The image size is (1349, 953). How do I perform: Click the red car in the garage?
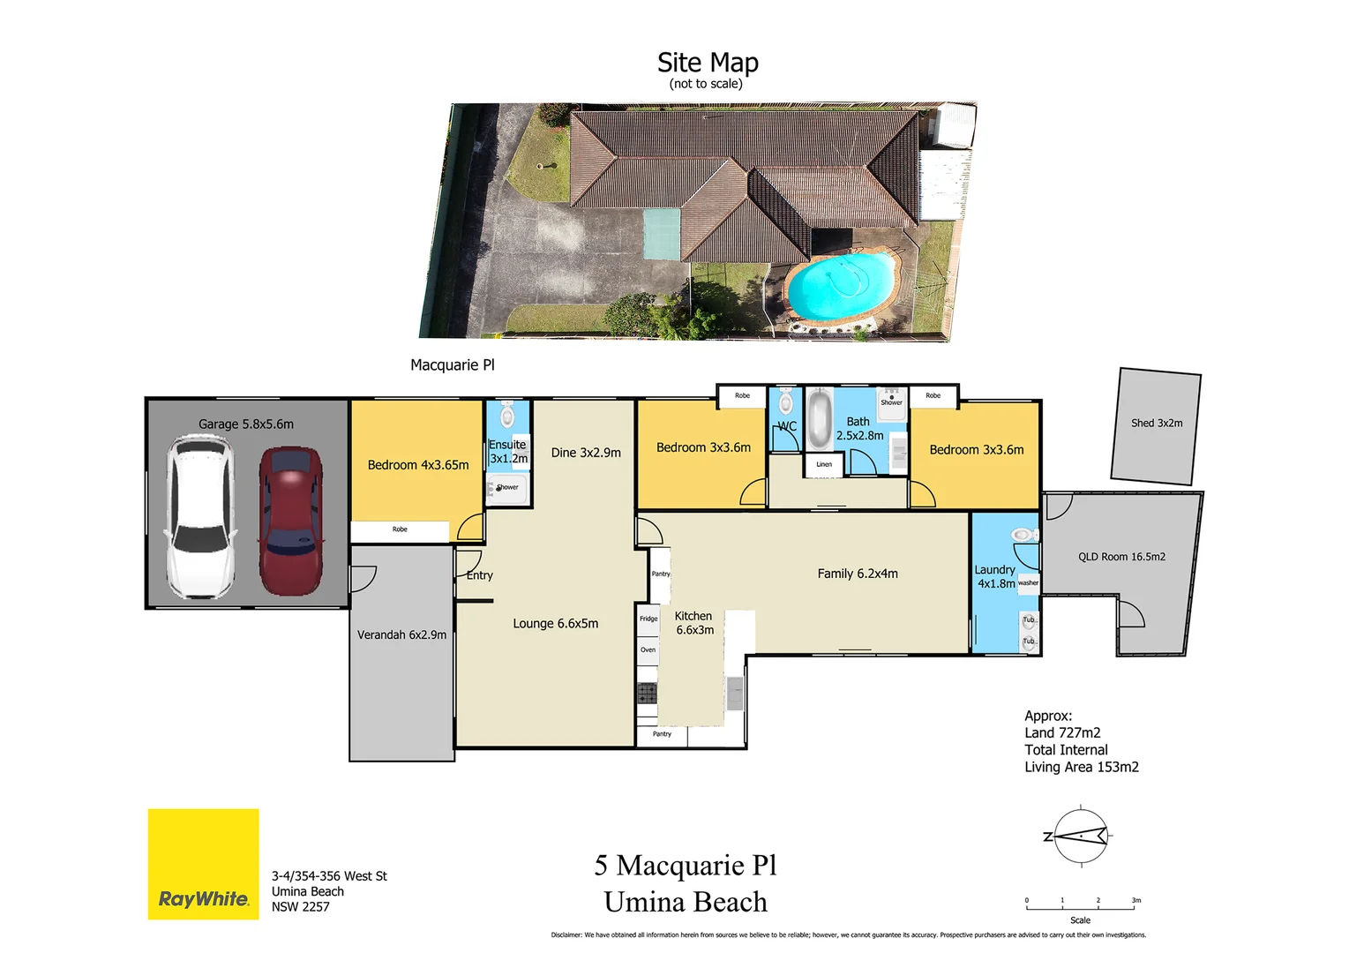pyautogui.click(x=290, y=521)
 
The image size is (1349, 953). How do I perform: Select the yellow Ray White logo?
pyautogui.click(x=203, y=864)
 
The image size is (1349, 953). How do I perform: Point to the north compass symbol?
pyautogui.click(x=1079, y=835)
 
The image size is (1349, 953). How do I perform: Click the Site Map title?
pyautogui.click(x=708, y=63)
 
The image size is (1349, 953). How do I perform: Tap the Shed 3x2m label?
pyautogui.click(x=1157, y=424)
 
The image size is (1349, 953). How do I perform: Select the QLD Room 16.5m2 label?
pyautogui.click(x=1121, y=557)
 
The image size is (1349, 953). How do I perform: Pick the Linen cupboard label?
pyautogui.click(x=824, y=464)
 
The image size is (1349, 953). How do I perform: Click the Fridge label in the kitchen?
pyautogui.click(x=648, y=619)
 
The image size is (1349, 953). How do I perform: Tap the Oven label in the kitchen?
pyautogui.click(x=648, y=650)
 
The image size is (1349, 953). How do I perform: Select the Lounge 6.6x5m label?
pyautogui.click(x=555, y=624)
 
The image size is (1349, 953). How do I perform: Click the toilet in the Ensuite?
pyautogui.click(x=507, y=416)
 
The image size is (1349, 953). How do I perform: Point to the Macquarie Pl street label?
pyautogui.click(x=452, y=365)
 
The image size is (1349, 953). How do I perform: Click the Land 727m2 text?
pyautogui.click(x=1062, y=733)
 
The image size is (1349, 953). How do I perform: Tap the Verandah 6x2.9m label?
pyautogui.click(x=401, y=635)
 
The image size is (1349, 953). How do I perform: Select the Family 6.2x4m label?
pyautogui.click(x=857, y=574)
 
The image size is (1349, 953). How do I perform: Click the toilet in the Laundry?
pyautogui.click(x=1023, y=535)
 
